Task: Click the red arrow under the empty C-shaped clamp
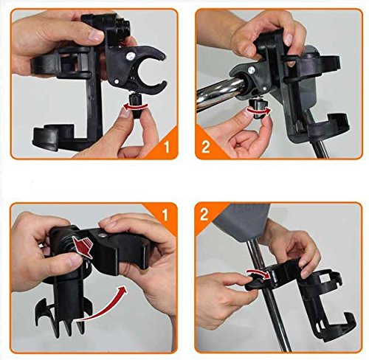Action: pos(136,107)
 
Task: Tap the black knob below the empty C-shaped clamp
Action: pos(135,107)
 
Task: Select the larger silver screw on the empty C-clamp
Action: pos(130,57)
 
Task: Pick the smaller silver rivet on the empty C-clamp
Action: pos(116,82)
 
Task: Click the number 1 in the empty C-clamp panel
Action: pos(167,146)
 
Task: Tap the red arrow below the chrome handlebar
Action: pos(259,111)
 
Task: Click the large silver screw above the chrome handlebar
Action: pos(252,70)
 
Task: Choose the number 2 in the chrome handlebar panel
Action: pos(206,147)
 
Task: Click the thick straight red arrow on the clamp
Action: pos(82,245)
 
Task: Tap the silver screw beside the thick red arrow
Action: pos(101,235)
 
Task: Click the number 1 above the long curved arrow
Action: pos(165,214)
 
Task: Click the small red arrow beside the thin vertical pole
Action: pos(258,273)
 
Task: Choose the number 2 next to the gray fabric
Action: pos(204,214)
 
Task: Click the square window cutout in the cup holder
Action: pos(324,277)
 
